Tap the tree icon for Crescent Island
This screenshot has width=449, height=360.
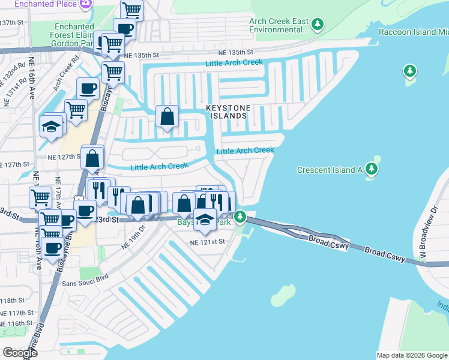click(x=373, y=167)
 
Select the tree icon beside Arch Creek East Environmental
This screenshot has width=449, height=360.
click(x=318, y=25)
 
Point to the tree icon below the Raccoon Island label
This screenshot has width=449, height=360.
click(x=410, y=71)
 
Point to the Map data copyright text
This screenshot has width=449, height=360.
click(x=412, y=355)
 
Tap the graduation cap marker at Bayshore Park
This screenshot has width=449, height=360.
click(x=205, y=220)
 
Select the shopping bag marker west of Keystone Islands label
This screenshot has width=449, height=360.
click(x=167, y=116)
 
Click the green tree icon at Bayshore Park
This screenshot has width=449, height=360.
click(x=240, y=216)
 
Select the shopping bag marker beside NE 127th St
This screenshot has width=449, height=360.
click(x=92, y=159)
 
